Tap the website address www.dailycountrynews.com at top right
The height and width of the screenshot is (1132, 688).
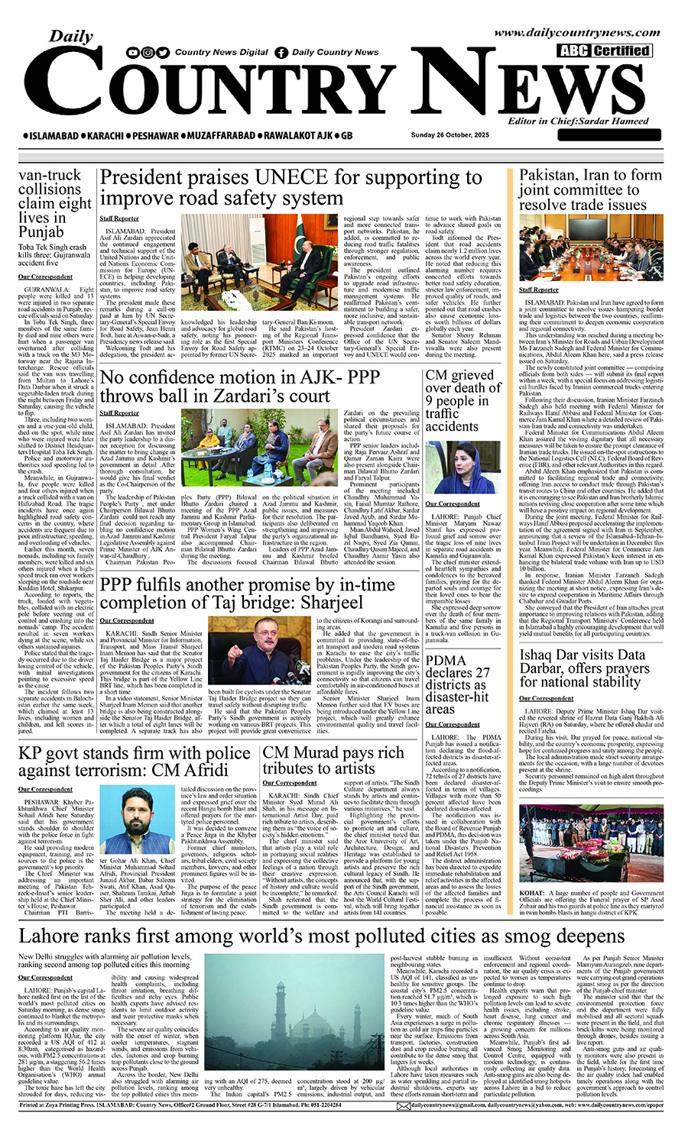click(576, 33)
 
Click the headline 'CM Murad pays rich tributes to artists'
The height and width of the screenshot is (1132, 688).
click(333, 761)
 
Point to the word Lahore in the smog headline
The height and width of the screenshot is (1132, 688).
click(54, 936)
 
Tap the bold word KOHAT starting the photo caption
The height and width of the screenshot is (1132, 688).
click(532, 893)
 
